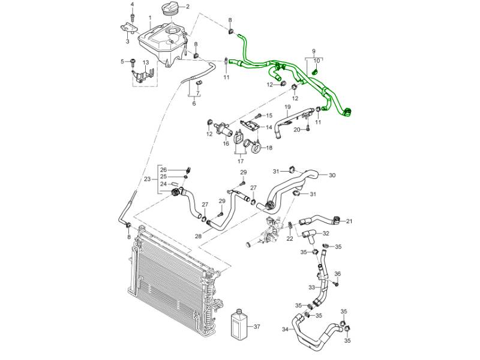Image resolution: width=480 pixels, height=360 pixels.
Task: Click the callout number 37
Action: click(x=257, y=327)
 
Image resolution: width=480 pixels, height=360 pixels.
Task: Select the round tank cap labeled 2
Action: click(x=170, y=10)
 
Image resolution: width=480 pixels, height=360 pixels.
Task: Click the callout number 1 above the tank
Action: click(x=150, y=18)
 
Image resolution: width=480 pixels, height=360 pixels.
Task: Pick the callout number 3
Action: click(x=127, y=42)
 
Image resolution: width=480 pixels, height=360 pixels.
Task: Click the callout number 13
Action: click(x=145, y=62)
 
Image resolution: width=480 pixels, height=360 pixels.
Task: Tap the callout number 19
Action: click(x=287, y=107)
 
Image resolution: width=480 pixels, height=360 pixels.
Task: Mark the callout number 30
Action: click(x=332, y=175)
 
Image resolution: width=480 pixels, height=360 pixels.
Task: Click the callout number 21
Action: click(x=349, y=221)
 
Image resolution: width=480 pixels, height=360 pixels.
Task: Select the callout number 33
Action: click(x=311, y=287)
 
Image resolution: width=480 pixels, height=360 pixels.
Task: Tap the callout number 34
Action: click(x=284, y=329)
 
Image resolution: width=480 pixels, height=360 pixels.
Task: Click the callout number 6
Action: click(x=194, y=104)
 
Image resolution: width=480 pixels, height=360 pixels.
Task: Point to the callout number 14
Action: click(x=269, y=127)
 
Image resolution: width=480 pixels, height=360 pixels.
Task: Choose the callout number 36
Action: click(x=337, y=274)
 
